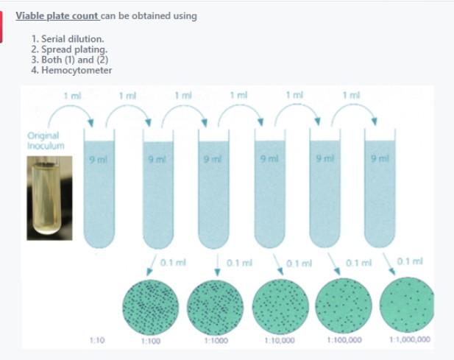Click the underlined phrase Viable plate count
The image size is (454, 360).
pos(57,15)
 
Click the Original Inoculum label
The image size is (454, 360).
pos(46,140)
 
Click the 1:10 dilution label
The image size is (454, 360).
pos(96,339)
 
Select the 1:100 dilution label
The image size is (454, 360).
pos(150,340)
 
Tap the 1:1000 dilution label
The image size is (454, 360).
pos(215,340)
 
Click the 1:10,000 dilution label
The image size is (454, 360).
pos(279,340)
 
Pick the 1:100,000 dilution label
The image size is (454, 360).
pos(343,339)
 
